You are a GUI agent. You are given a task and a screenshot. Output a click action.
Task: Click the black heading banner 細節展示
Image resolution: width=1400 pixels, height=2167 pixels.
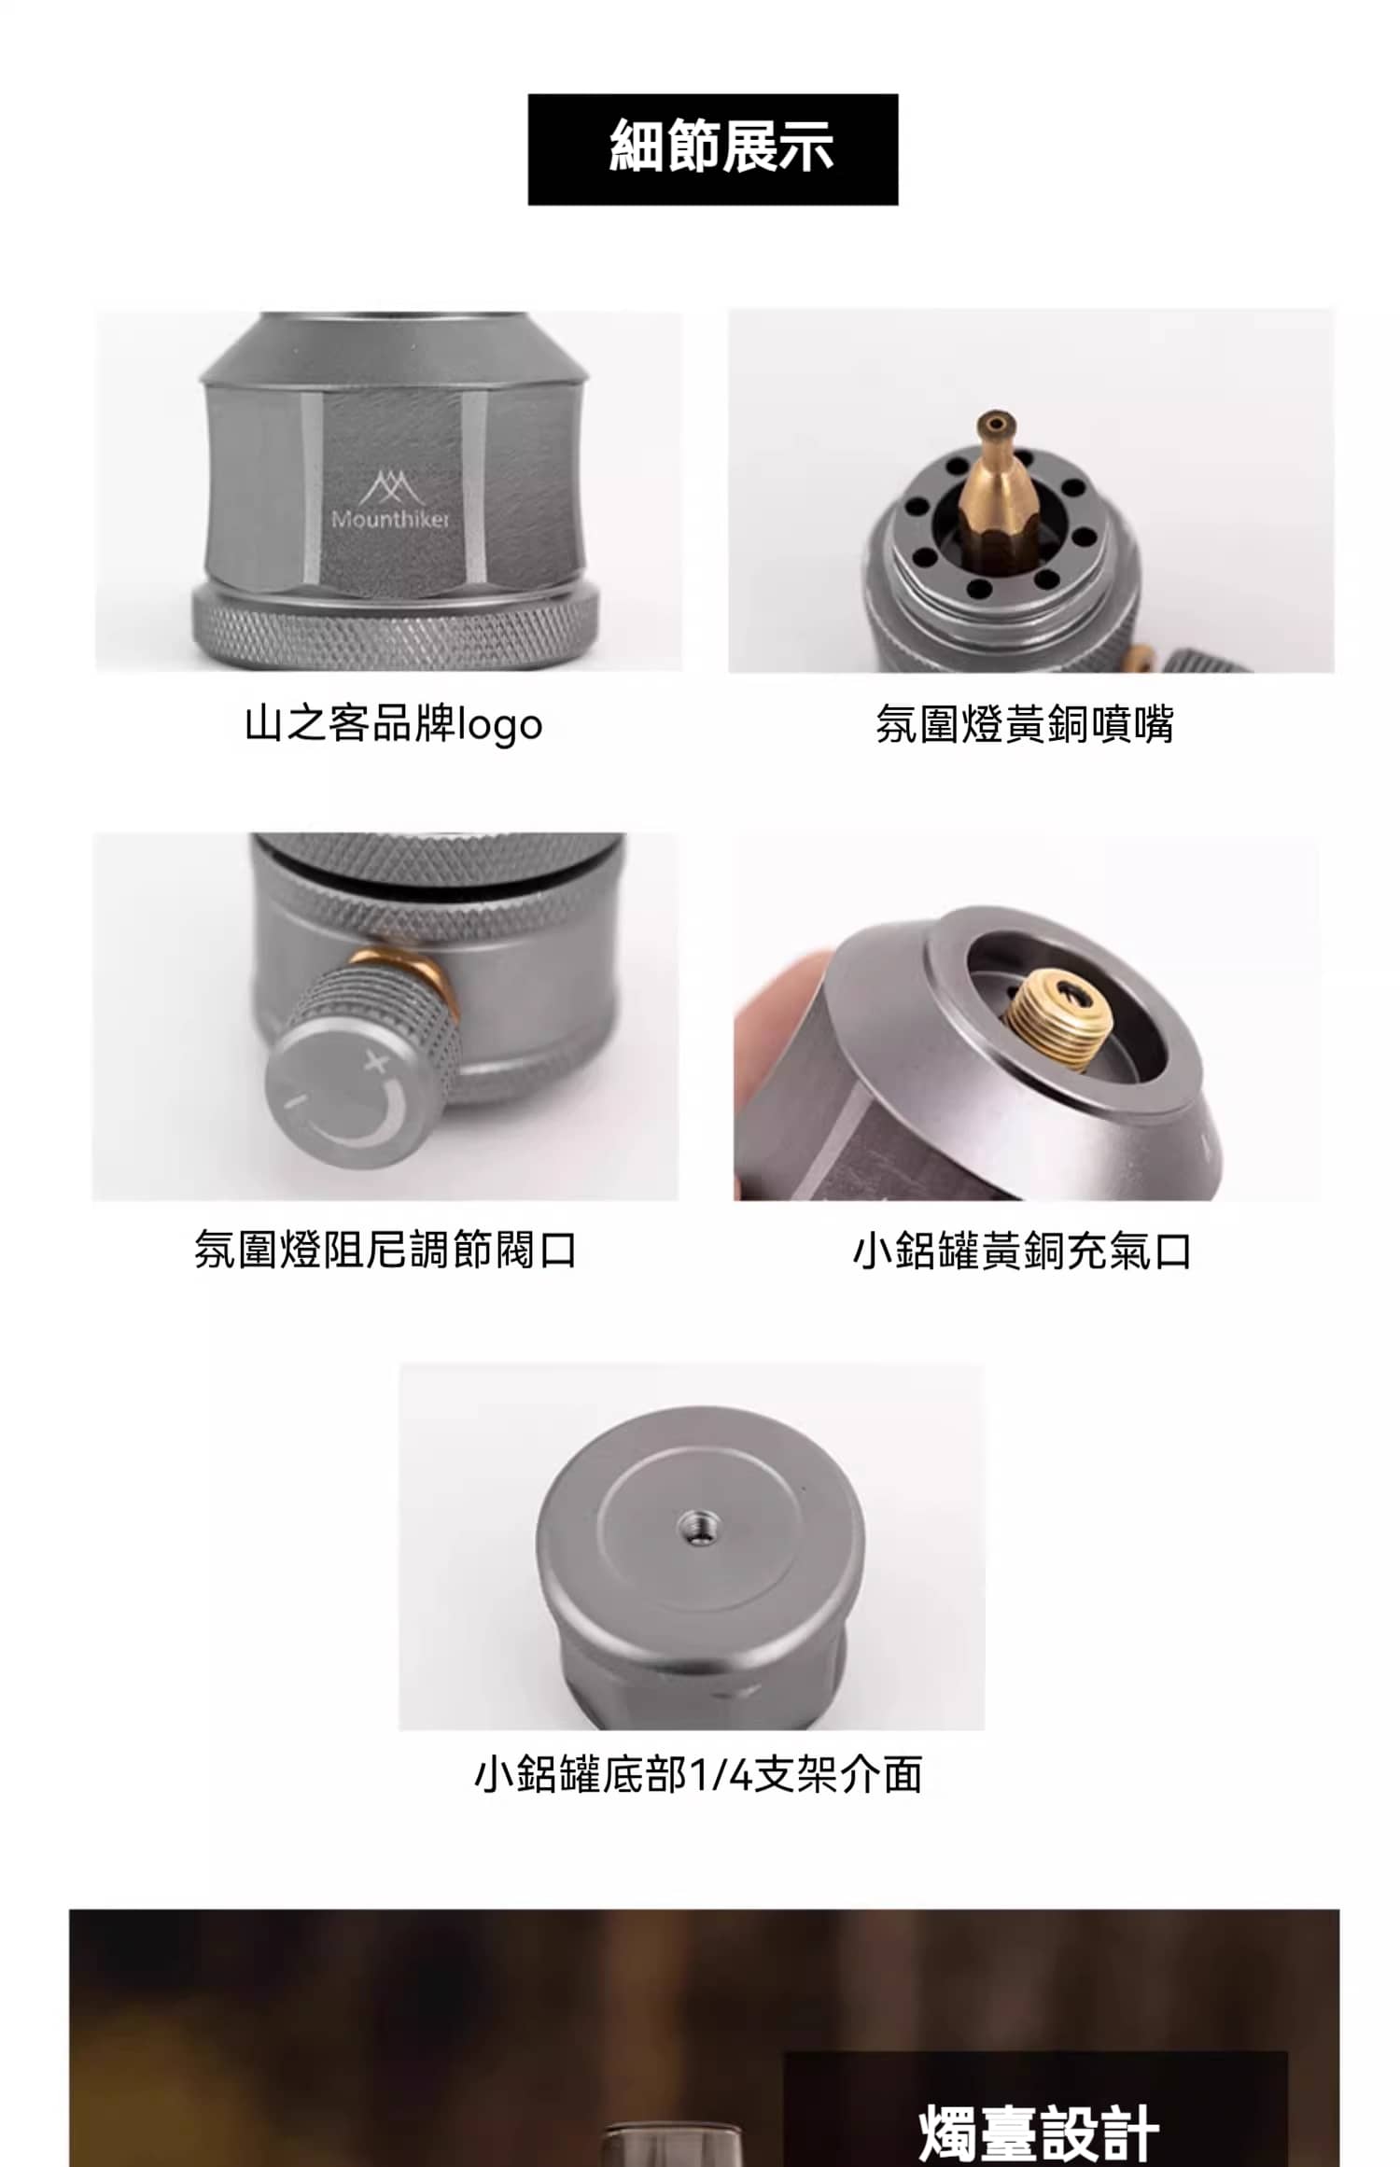point(712,149)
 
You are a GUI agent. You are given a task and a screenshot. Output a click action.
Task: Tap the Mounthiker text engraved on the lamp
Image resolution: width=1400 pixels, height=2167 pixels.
point(390,519)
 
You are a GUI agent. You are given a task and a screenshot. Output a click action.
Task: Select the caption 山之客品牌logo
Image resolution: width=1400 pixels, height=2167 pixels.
point(393,724)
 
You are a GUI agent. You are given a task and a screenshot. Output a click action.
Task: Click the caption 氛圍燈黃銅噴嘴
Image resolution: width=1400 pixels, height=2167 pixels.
point(1024,724)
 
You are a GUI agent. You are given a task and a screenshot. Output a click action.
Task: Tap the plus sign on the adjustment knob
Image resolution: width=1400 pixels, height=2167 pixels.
point(376,1061)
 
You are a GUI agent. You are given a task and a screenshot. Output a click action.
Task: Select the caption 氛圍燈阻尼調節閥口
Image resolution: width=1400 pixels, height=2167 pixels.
point(385,1250)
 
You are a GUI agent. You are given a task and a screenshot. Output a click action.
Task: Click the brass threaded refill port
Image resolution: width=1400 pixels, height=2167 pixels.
point(1057,1015)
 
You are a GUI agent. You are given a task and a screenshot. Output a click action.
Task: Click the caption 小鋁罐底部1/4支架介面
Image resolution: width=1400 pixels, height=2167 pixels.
point(698,1775)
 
